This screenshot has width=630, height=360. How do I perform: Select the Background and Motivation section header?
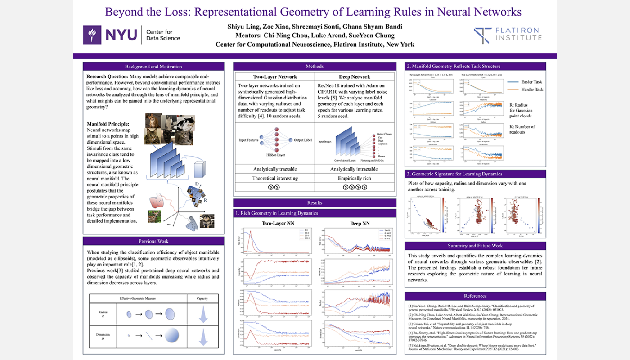pyautogui.click(x=153, y=67)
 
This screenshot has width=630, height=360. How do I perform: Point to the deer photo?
pyautogui.click(x=154, y=217)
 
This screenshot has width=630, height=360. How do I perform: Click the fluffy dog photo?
pyautogui.click(x=207, y=221)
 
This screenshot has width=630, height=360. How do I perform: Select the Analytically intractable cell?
pyautogui.click(x=354, y=169)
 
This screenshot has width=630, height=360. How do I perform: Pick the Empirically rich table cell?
pyautogui.click(x=354, y=178)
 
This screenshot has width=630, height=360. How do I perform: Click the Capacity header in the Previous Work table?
pyautogui.click(x=203, y=299)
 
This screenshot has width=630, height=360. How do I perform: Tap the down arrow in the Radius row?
pyautogui.click(x=203, y=315)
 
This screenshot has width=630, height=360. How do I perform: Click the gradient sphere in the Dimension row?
pyautogui.click(x=171, y=335)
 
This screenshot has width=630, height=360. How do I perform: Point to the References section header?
pyautogui.click(x=475, y=296)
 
